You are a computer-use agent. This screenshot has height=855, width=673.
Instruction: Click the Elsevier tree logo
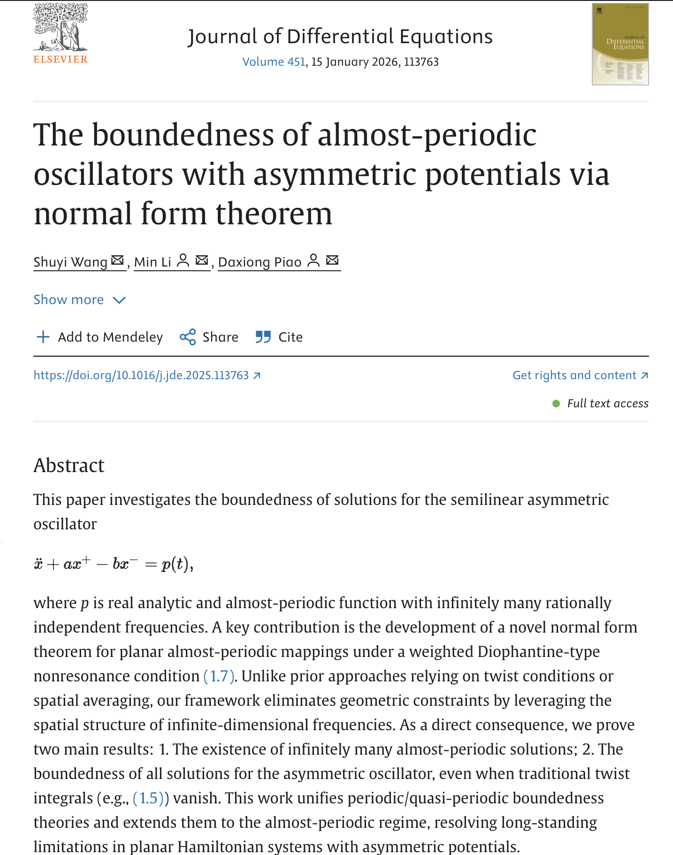60,28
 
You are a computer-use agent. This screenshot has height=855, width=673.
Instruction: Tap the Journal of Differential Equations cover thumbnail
620,45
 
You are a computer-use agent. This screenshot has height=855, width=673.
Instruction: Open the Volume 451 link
274,62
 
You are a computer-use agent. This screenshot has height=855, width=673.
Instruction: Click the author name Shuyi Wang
70,262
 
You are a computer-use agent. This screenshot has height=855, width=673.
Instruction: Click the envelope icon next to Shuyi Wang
117,260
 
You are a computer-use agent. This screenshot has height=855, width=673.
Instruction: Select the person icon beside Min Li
183,260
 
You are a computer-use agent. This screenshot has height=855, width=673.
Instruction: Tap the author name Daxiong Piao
260,262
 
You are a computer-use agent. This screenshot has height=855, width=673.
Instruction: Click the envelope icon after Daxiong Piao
332,260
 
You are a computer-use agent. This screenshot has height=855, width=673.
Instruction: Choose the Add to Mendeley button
99,337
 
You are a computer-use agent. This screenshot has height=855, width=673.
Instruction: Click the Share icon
188,337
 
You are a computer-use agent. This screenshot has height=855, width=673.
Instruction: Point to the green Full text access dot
556,404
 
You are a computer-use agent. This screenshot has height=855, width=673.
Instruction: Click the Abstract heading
69,466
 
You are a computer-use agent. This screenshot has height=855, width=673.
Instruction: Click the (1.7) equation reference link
219,676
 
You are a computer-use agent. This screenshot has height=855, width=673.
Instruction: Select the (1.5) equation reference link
148,798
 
